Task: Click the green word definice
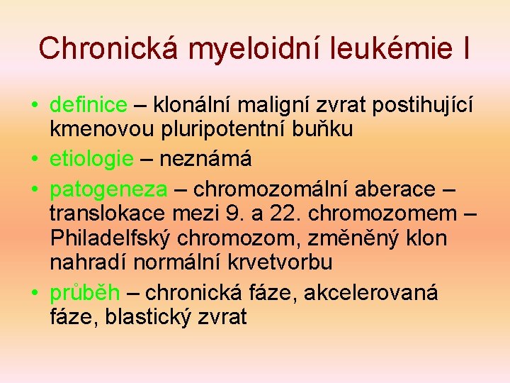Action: (89, 106)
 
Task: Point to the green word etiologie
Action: (91, 159)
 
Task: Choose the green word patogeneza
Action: (108, 189)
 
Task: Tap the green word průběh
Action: (84, 293)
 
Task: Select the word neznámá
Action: (205, 159)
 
